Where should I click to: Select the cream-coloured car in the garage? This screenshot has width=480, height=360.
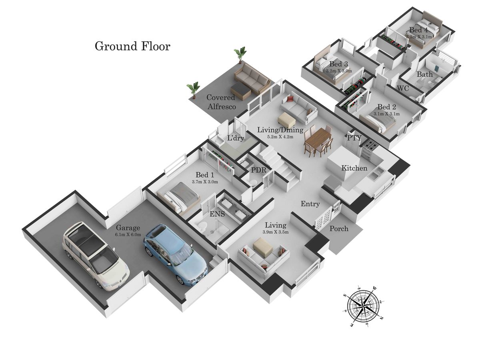coord(96,256)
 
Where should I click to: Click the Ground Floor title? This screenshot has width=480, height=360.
coord(132,46)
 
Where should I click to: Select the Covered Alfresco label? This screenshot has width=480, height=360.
coord(221,102)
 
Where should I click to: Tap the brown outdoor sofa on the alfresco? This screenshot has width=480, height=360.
coord(252,78)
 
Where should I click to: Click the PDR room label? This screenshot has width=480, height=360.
coord(258,170)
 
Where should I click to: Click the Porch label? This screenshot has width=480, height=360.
coord(339,229)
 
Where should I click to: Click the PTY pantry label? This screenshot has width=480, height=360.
coord(354,138)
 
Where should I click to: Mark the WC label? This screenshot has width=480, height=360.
coord(403,88)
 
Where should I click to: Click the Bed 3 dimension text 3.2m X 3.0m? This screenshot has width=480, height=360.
coord(339,71)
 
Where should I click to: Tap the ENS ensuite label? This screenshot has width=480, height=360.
coord(217,214)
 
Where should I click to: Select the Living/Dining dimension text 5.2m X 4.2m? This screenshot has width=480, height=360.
coord(280,137)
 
